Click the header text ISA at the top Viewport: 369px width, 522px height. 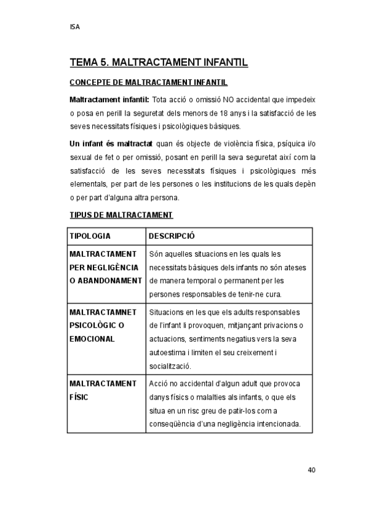point(75,27)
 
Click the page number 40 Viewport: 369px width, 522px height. point(311,470)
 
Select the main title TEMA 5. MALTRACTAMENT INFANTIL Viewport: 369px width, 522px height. point(159,62)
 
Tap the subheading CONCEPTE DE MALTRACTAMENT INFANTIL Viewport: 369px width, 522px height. point(149,82)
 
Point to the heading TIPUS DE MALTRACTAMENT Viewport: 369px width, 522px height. point(121,215)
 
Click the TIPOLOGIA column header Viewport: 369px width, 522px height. point(90,236)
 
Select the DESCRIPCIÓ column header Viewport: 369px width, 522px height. point(172,236)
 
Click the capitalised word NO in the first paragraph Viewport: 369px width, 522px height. point(228,99)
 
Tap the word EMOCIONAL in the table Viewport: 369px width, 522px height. point(92,339)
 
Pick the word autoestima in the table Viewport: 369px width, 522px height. point(169,353)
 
